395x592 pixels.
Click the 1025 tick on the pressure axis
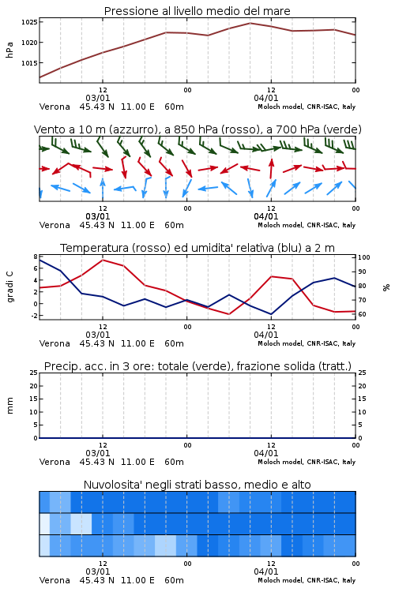click(x=29, y=22)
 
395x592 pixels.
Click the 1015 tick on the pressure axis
click(x=29, y=63)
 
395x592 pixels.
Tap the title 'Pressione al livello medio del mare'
click(x=197, y=11)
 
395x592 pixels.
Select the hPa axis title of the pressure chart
click(x=9, y=50)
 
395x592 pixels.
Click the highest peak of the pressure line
click(x=250, y=23)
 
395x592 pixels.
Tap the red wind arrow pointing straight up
click(x=271, y=168)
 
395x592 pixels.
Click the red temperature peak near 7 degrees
click(x=103, y=260)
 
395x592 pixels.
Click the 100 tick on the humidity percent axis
click(x=364, y=257)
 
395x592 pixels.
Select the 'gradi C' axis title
click(x=9, y=287)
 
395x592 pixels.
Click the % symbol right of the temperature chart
click(x=386, y=287)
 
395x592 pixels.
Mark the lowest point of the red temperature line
click(x=228, y=314)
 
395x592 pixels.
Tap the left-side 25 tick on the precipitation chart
click(x=34, y=373)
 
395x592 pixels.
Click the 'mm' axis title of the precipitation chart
click(x=9, y=406)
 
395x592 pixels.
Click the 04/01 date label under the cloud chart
click(x=266, y=571)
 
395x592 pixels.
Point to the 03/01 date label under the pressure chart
click(x=98, y=98)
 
